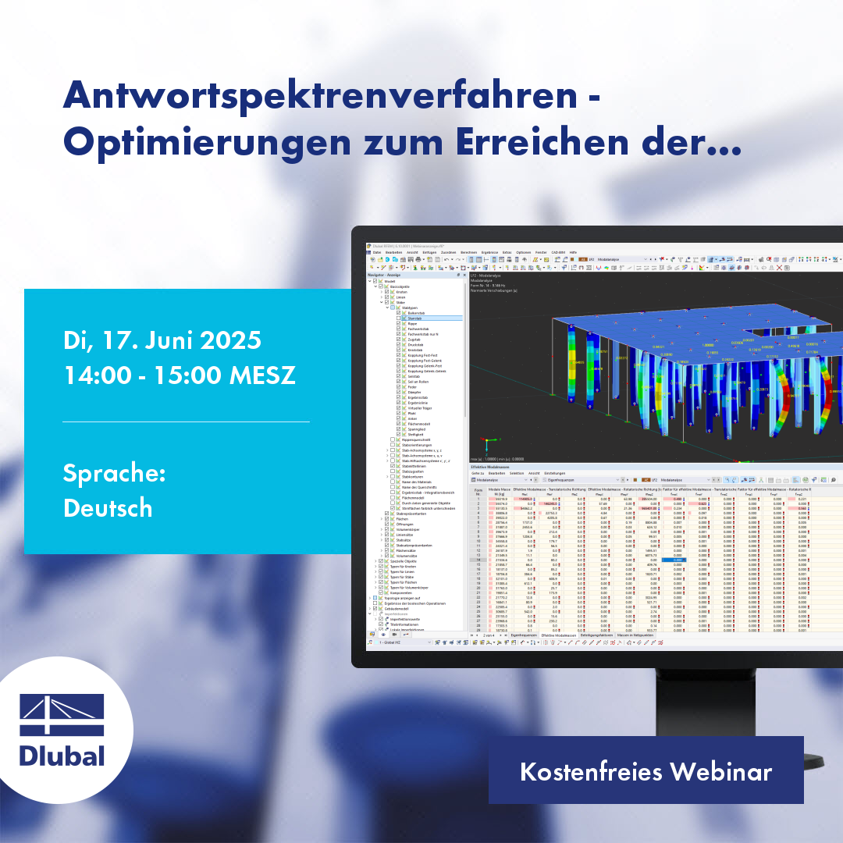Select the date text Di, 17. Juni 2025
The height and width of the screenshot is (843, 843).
pos(162,341)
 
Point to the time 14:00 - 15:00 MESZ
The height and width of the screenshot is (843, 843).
pos(179,375)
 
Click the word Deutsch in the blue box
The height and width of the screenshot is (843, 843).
pos(108,507)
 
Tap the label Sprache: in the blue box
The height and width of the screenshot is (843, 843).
pos(114,473)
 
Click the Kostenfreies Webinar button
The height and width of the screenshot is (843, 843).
pos(646,771)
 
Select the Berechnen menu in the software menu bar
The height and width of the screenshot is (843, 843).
pos(469,253)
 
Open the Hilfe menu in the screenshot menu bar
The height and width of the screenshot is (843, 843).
pos(573,253)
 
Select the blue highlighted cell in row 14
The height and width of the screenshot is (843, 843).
pos(674,560)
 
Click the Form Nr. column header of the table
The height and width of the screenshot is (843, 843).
pos(478,492)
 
